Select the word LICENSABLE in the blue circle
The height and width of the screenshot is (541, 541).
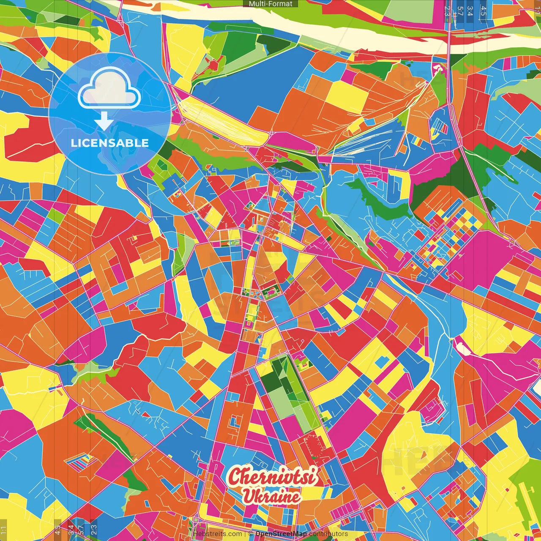pyautogui.click(x=110, y=143)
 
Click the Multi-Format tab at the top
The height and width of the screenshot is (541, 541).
pyautogui.click(x=270, y=4)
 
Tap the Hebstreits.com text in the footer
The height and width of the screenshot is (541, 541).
pyautogui.click(x=217, y=534)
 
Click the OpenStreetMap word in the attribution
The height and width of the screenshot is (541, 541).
pyautogui.click(x=281, y=534)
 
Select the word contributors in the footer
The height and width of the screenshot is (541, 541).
pyautogui.click(x=328, y=534)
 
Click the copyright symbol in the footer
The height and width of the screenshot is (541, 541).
pyautogui.click(x=251, y=534)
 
